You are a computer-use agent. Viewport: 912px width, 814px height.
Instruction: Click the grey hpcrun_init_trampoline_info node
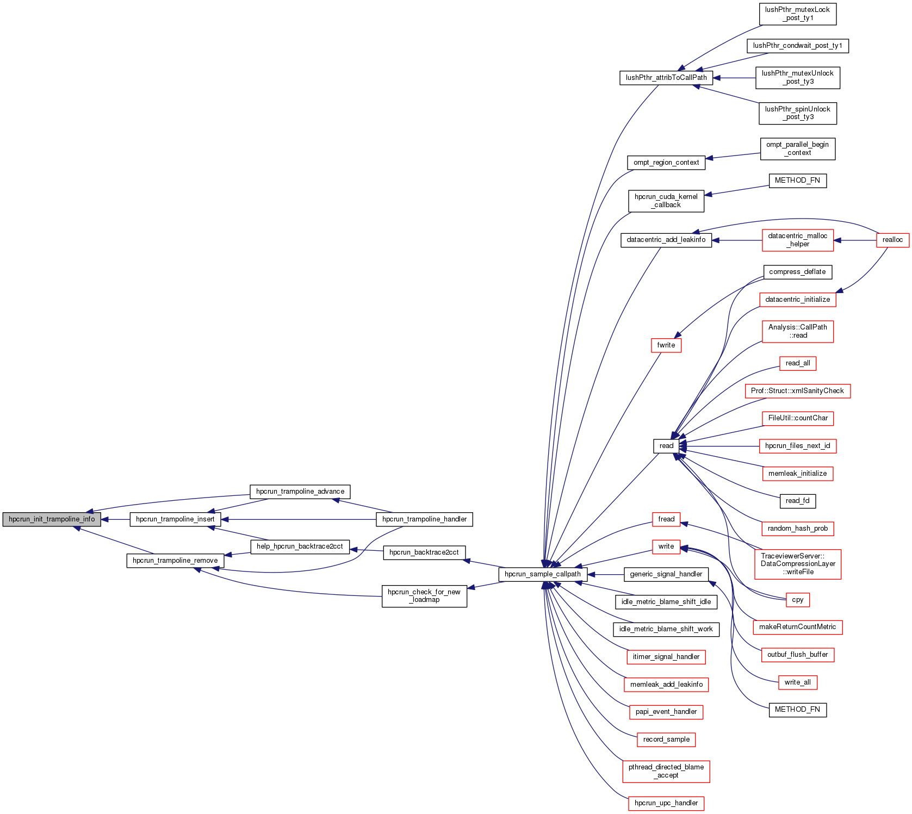tap(52, 519)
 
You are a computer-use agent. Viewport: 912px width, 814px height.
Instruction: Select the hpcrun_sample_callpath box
tap(542, 574)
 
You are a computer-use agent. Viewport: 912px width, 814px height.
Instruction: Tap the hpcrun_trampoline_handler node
tap(424, 519)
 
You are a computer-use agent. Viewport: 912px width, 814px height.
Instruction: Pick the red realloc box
tap(892, 240)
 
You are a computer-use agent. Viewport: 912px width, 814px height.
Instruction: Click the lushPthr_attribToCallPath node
tap(666, 78)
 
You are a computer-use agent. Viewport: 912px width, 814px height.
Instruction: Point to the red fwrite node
tap(666, 345)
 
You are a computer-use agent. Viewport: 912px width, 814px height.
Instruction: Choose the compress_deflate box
tap(797, 272)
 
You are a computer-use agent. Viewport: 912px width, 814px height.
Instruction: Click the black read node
tap(666, 446)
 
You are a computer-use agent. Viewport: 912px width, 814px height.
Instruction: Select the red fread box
tap(666, 519)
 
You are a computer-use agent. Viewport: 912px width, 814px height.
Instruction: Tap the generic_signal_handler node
tap(666, 574)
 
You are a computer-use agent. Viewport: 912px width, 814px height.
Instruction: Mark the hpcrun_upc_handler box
tap(666, 803)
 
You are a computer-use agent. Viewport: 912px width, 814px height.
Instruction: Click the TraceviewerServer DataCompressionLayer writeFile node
tap(798, 564)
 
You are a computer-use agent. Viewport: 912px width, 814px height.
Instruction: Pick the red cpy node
tap(798, 600)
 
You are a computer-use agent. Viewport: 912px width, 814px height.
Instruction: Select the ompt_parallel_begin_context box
tap(797, 148)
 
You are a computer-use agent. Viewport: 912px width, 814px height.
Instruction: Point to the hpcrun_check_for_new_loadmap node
tap(424, 596)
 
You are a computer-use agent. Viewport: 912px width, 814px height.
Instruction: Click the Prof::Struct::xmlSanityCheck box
tap(797, 391)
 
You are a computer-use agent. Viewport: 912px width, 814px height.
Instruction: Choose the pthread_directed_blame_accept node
tap(666, 771)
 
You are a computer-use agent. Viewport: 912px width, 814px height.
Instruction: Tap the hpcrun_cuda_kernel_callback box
tap(666, 201)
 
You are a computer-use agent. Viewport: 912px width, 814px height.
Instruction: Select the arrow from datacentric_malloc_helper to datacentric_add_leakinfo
tap(737, 240)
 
